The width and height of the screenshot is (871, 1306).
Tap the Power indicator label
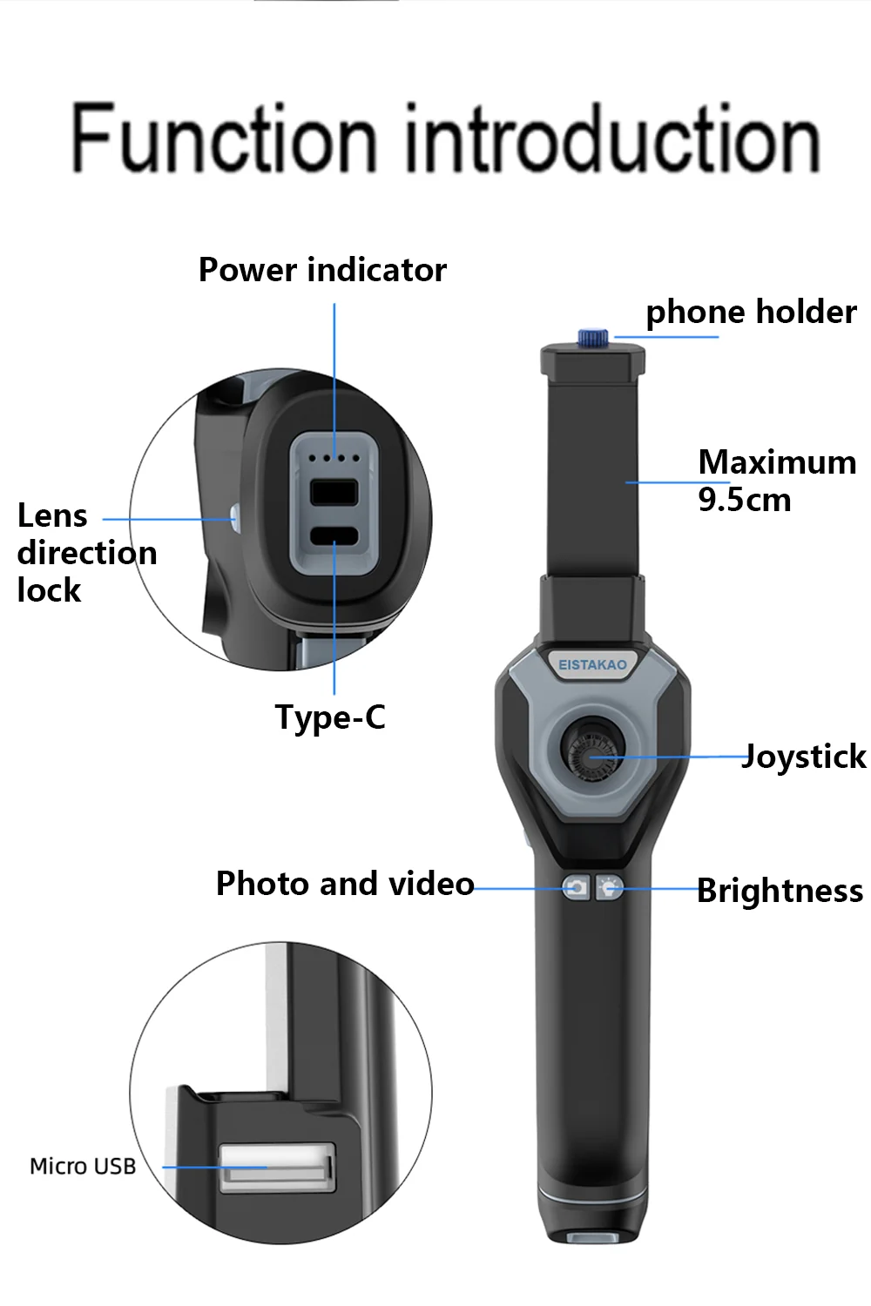(x=322, y=270)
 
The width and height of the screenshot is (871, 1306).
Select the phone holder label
(x=751, y=312)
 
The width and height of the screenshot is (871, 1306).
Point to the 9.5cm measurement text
(x=745, y=500)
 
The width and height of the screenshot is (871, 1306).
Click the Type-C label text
(x=330, y=717)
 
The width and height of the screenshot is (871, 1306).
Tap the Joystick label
(x=804, y=756)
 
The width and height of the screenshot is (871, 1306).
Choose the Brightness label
(x=780, y=891)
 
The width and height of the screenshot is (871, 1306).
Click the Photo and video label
(x=345, y=884)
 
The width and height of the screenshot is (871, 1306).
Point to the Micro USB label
(x=83, y=1167)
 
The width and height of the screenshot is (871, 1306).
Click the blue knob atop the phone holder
(x=595, y=337)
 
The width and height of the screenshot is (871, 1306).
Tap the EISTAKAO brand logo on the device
(x=592, y=664)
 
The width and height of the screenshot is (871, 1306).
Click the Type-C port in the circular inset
(x=334, y=536)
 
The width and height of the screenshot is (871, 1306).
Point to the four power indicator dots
(x=334, y=457)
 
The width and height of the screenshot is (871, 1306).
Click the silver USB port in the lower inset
(x=277, y=1167)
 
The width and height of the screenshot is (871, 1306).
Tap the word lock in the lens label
(x=49, y=590)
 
